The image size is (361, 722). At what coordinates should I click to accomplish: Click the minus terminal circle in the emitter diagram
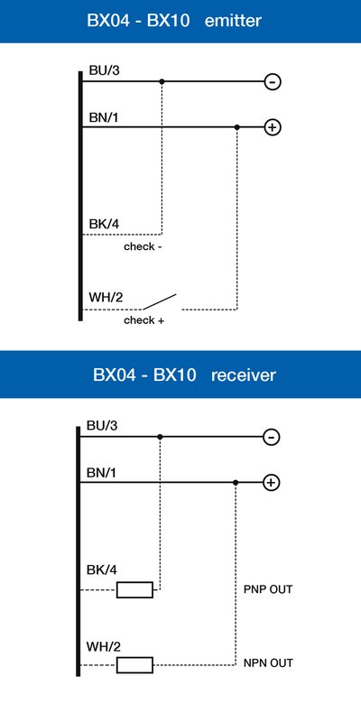pyautogui.click(x=273, y=82)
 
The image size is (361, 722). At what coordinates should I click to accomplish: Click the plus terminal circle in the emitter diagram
pyautogui.click(x=273, y=127)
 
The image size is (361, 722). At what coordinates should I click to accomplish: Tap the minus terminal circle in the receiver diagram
pyautogui.click(x=272, y=437)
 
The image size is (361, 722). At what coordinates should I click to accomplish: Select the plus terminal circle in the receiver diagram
pyautogui.click(x=272, y=483)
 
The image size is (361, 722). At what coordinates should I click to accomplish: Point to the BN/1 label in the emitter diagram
pyautogui.click(x=104, y=118)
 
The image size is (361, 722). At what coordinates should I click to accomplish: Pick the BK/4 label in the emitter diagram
pyautogui.click(x=104, y=225)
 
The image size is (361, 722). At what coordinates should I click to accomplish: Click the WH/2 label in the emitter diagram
pyautogui.click(x=106, y=298)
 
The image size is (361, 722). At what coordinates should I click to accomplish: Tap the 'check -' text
pyautogui.click(x=143, y=246)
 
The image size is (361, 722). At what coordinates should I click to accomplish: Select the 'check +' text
pyautogui.click(x=143, y=320)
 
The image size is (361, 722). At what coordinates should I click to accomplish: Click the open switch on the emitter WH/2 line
pyautogui.click(x=160, y=301)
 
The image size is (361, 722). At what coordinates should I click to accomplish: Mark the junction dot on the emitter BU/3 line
pyautogui.click(x=162, y=81)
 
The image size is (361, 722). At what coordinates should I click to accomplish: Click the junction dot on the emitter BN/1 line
pyautogui.click(x=237, y=127)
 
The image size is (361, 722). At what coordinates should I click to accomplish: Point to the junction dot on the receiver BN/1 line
pyautogui.click(x=236, y=483)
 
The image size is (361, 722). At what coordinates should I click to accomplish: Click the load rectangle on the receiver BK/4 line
pyautogui.click(x=134, y=590)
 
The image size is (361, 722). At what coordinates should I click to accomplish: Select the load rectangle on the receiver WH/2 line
pyautogui.click(x=134, y=665)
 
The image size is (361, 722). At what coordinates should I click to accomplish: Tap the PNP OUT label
pyautogui.click(x=268, y=589)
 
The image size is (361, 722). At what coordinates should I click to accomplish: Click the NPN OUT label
pyautogui.click(x=268, y=663)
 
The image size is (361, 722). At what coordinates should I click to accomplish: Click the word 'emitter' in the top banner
pyautogui.click(x=233, y=21)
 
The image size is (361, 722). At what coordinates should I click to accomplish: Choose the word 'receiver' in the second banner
pyautogui.click(x=244, y=375)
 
